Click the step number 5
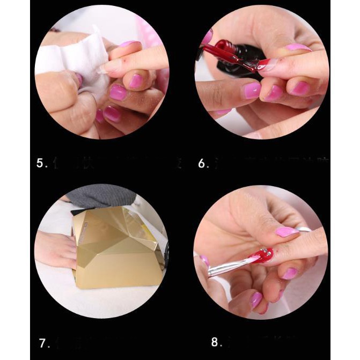click(41, 163)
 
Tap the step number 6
click(203, 163)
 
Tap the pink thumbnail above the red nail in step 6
click(298, 48)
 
